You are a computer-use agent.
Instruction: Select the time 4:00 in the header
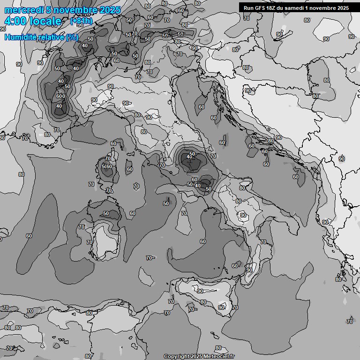[15, 22]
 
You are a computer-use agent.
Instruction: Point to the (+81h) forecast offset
[81, 21]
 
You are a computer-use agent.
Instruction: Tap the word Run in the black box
[248, 8]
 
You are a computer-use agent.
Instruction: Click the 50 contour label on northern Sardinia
[106, 214]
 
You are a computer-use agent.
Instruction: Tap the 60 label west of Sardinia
[29, 236]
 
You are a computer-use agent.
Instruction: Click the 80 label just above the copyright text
[218, 348]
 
